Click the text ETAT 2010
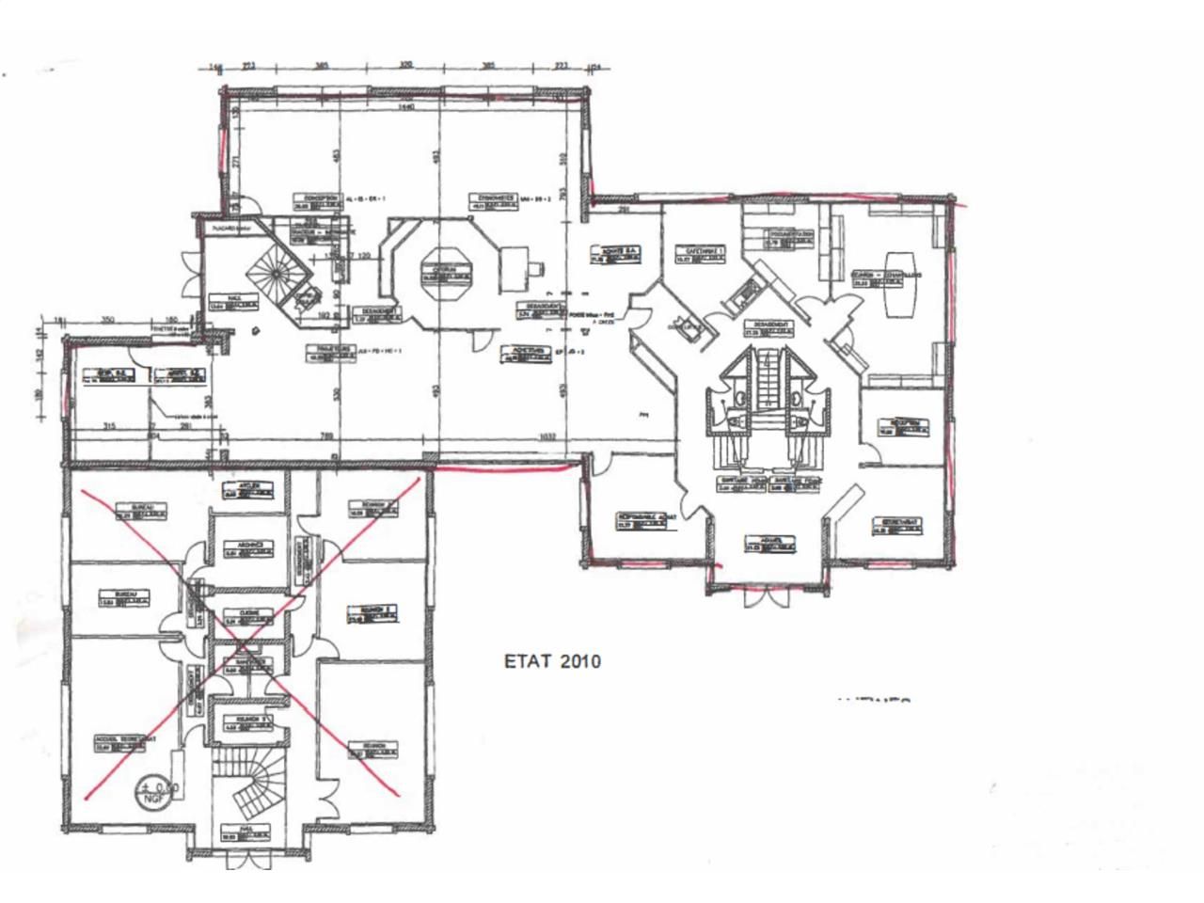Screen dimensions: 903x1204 tap(552, 661)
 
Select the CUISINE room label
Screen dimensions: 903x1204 tap(248, 616)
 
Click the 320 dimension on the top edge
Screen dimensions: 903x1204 tap(406, 67)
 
